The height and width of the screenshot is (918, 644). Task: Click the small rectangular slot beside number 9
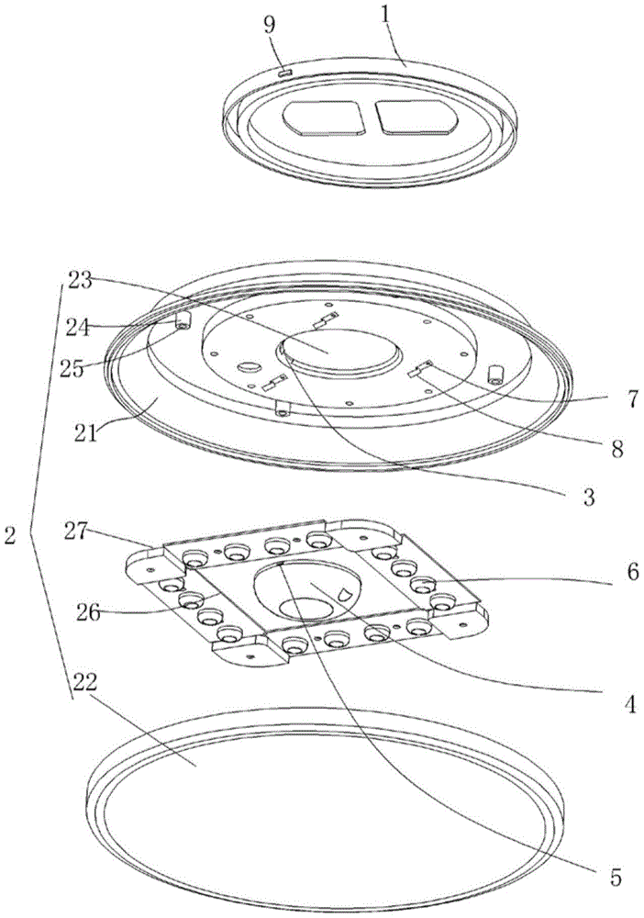pyautogui.click(x=284, y=70)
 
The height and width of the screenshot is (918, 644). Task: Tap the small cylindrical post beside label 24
pyautogui.click(x=182, y=320)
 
